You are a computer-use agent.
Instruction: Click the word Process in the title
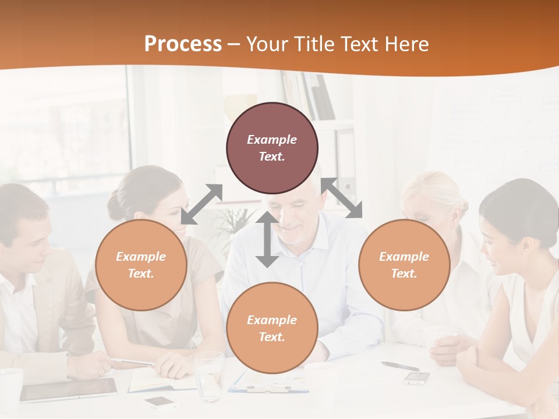(x=183, y=44)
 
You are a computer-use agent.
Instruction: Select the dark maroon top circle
(x=272, y=148)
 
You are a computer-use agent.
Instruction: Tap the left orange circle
(x=141, y=265)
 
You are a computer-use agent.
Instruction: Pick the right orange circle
(x=404, y=265)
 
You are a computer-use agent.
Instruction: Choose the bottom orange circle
(x=272, y=328)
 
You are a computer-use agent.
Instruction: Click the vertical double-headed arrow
(x=267, y=240)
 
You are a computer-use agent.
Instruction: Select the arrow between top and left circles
(x=201, y=204)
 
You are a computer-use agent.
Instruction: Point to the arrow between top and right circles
(x=342, y=198)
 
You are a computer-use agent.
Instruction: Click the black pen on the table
(x=400, y=366)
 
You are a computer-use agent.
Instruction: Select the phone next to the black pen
(x=417, y=378)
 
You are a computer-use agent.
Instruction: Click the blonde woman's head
(x=434, y=198)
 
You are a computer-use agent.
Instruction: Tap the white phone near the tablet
(x=161, y=402)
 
